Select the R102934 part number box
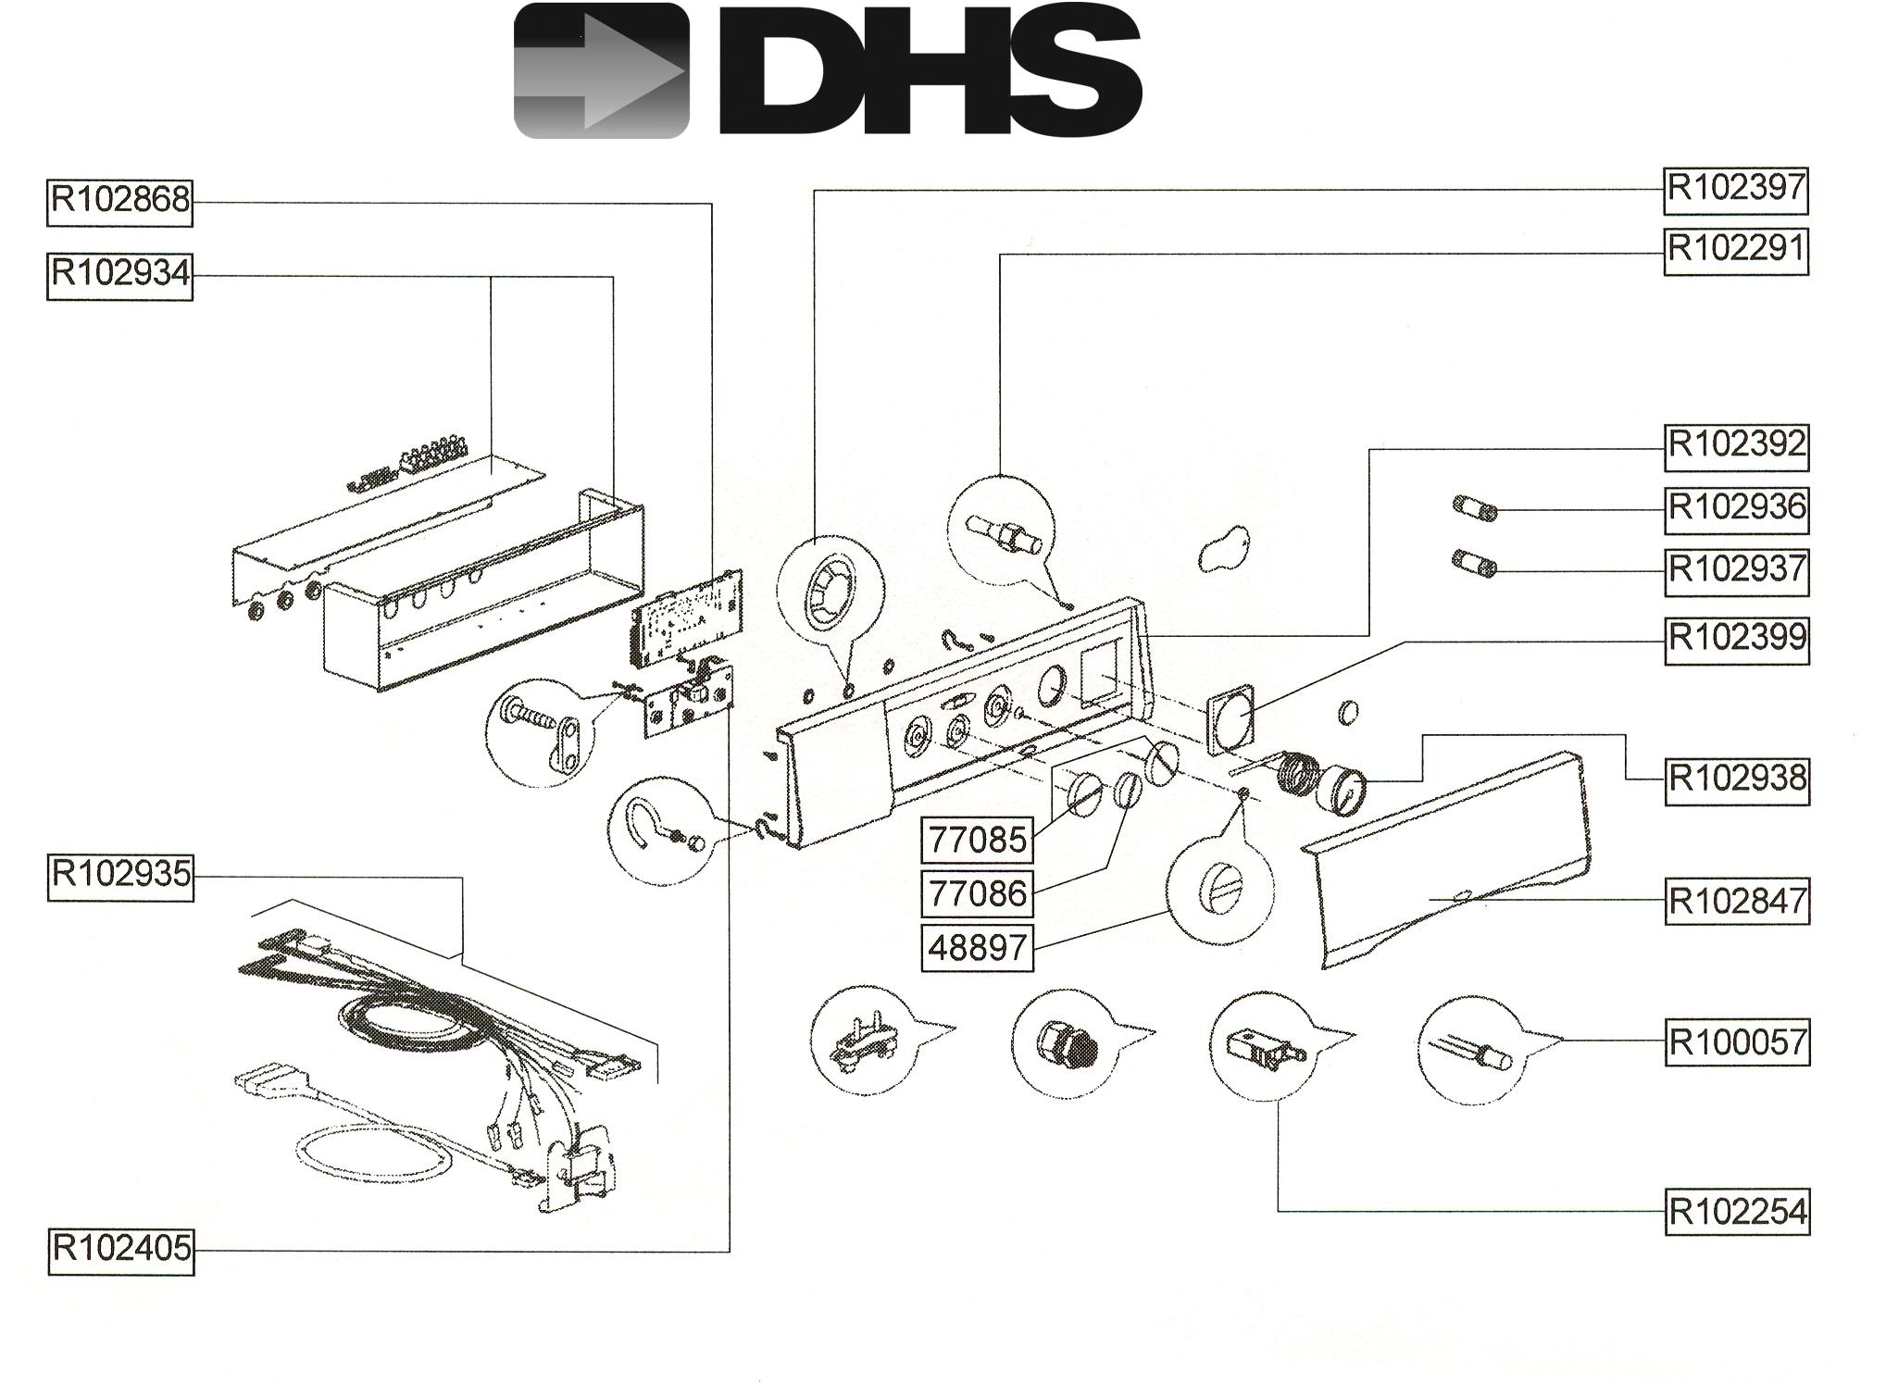coord(120,276)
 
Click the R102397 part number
coord(1736,190)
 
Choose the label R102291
coord(1736,251)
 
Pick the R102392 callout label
coord(1737,446)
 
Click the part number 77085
coord(977,841)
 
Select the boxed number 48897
coord(977,948)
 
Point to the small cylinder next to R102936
coord(1474,509)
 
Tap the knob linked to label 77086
coord(1127,791)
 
